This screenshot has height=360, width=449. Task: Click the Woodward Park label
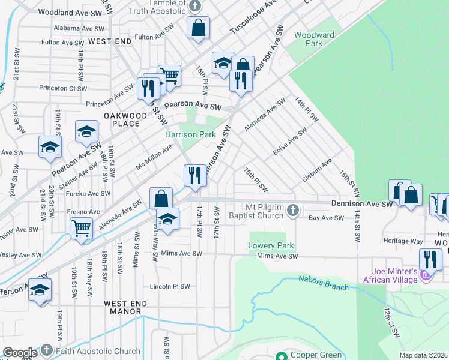314,39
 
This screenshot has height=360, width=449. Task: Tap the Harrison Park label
191,135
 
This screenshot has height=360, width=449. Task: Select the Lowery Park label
271,246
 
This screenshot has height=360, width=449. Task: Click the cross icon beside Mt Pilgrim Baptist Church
293,210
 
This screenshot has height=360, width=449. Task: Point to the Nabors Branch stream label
324,283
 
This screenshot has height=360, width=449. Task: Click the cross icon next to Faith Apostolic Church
47,350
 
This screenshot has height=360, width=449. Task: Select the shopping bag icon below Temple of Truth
197,28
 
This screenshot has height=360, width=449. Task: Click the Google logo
20,353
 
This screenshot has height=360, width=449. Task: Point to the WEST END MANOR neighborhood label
122,307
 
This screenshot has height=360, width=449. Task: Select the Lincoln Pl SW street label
170,286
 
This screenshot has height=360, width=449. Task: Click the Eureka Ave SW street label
89,193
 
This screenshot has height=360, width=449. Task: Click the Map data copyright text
423,355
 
